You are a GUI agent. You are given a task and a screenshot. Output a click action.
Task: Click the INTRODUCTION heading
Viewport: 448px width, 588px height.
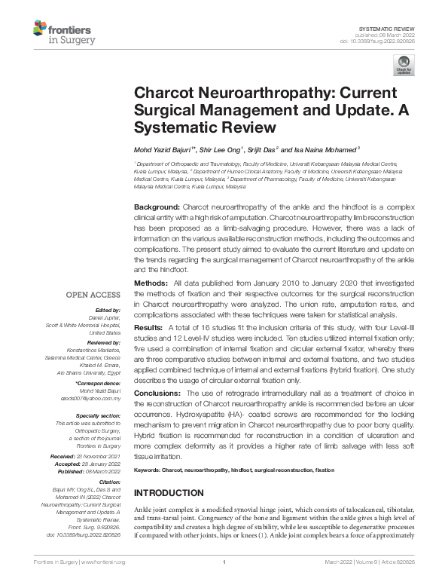(x=169, y=493)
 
